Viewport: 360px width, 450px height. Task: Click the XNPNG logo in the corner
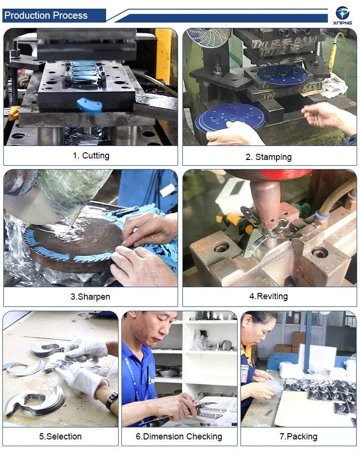pyautogui.click(x=342, y=15)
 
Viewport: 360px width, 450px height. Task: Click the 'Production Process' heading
pyautogui.click(x=46, y=15)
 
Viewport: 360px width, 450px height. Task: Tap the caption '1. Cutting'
pyautogui.click(x=91, y=156)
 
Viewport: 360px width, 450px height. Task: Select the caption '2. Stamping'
pyautogui.click(x=268, y=157)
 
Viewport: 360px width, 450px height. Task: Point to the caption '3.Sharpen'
pyautogui.click(x=90, y=296)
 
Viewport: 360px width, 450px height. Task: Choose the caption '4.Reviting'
pyautogui.click(x=268, y=296)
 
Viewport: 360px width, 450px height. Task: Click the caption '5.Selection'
pyautogui.click(x=60, y=437)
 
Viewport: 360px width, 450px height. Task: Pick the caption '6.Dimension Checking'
pyautogui.click(x=179, y=437)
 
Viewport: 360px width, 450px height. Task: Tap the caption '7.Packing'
pyautogui.click(x=299, y=437)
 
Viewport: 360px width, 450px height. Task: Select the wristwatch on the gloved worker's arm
pyautogui.click(x=112, y=401)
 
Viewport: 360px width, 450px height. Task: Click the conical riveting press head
pyautogui.click(x=265, y=207)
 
